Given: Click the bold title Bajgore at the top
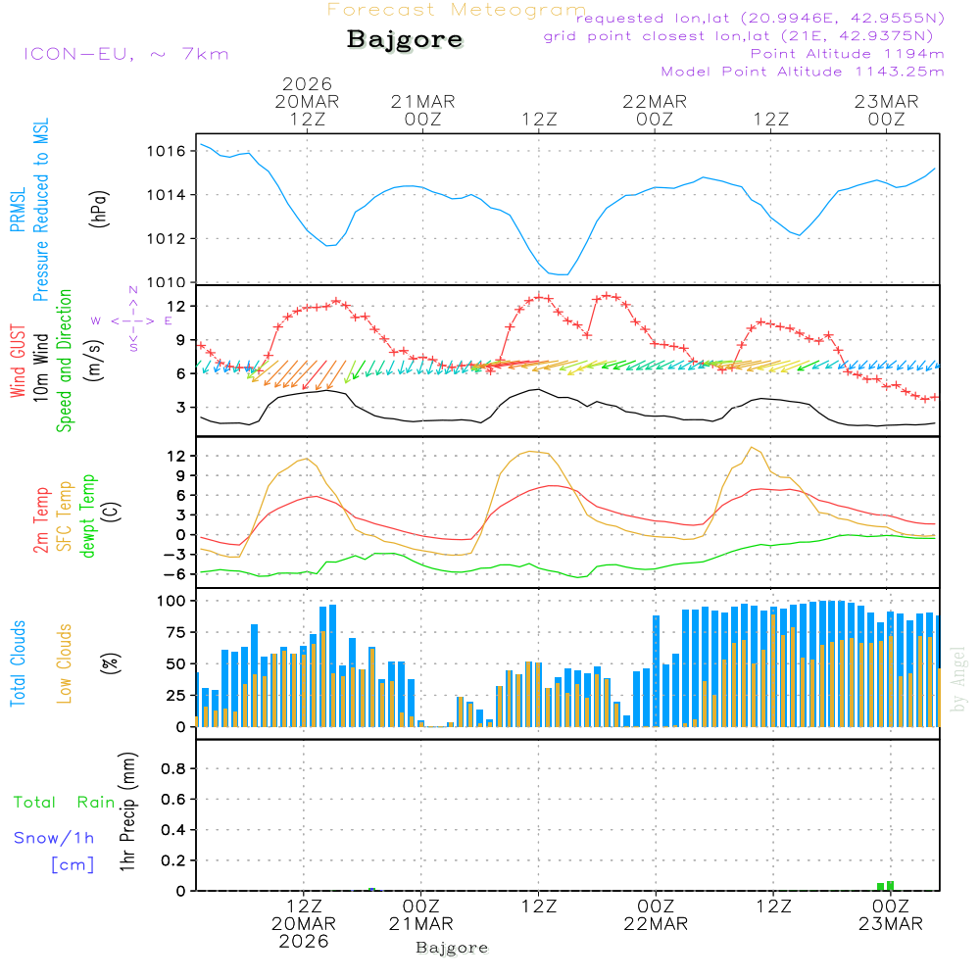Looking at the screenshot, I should (405, 40).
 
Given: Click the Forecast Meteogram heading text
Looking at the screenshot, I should (457, 10).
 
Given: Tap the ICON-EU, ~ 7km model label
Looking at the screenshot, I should (125, 53).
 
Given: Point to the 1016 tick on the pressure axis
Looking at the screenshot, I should (167, 151).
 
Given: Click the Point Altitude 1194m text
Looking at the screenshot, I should (847, 54).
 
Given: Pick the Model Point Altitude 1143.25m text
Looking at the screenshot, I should (802, 72).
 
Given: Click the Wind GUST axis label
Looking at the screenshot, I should (18, 363).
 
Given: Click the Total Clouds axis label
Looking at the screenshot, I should (18, 663).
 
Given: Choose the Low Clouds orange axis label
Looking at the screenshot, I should (65, 663).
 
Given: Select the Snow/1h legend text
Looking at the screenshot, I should (54, 838).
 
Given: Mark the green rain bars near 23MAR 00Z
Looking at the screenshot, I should (886, 885).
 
